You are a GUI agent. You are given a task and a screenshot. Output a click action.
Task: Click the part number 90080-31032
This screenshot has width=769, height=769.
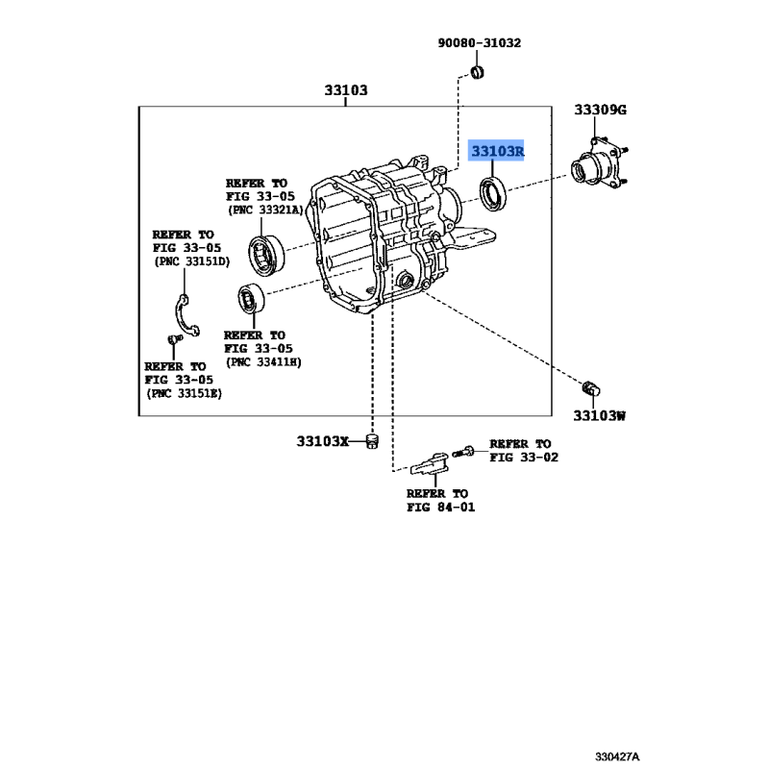[x=479, y=43]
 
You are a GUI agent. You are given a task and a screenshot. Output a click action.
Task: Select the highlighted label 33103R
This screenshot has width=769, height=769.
[x=497, y=151]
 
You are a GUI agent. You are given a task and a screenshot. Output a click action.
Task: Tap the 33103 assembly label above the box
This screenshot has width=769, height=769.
[x=346, y=90]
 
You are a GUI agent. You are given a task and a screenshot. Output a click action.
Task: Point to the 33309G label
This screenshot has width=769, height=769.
[x=600, y=110]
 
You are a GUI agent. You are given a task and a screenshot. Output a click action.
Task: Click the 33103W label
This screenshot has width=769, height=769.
[x=599, y=416]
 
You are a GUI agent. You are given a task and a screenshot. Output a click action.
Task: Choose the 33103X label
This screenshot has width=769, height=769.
[x=322, y=441]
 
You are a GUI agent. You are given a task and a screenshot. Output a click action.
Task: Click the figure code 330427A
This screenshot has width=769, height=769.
[x=617, y=757]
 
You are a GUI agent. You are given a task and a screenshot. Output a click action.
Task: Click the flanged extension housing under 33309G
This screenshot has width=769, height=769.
[x=599, y=163]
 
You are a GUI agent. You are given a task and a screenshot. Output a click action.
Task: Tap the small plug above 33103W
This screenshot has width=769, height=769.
[x=590, y=388]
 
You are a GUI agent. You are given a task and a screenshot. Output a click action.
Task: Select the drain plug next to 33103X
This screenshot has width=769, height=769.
[x=373, y=441]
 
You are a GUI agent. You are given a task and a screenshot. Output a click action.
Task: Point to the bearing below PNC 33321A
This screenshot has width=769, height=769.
[x=266, y=254]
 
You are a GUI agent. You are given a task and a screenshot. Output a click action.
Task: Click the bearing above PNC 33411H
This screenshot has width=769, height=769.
[x=251, y=299]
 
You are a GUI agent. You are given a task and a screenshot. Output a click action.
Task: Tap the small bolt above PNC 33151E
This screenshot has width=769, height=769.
[x=174, y=339]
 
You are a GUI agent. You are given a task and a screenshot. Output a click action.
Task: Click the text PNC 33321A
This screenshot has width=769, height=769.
[x=265, y=210]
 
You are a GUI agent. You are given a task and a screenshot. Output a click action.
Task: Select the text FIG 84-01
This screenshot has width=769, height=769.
[x=440, y=508]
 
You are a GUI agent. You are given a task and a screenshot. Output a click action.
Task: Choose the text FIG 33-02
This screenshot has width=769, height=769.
[x=524, y=458]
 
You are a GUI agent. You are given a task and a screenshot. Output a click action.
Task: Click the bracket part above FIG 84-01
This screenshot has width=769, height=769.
[x=430, y=463]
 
